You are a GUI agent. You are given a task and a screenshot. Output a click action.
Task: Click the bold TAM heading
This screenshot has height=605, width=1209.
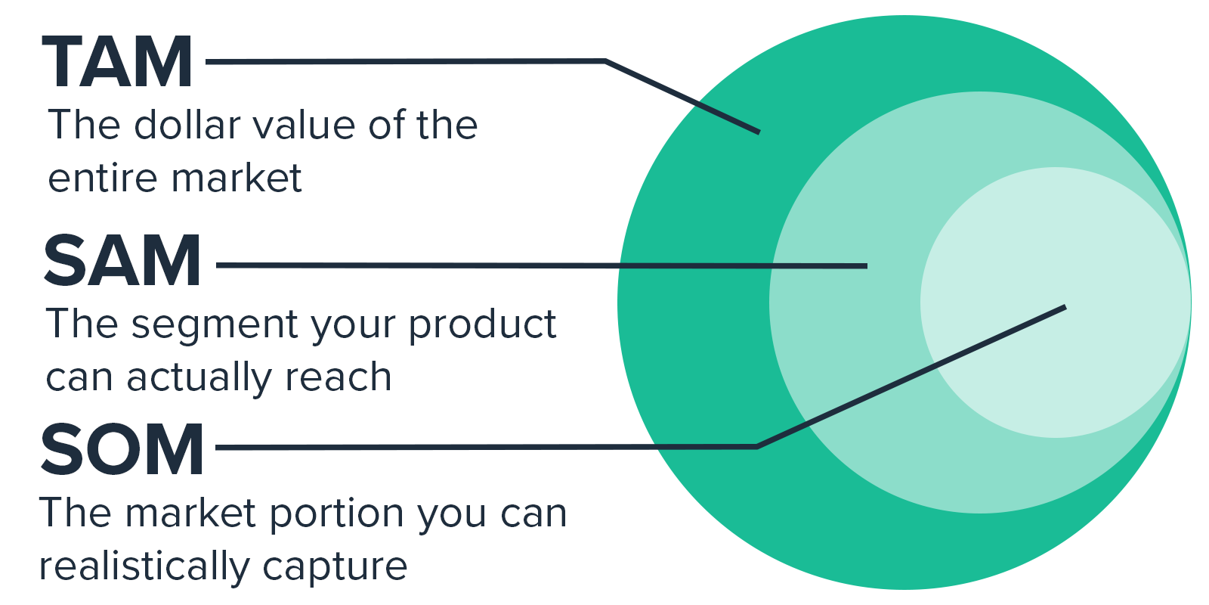117,61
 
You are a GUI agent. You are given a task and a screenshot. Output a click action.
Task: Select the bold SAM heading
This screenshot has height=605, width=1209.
122,261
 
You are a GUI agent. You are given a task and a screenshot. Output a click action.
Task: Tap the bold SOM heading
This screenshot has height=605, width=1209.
122,449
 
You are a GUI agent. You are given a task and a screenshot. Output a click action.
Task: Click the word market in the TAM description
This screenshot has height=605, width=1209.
237,177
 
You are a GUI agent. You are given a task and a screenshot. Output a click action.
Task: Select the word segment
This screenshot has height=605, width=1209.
215,326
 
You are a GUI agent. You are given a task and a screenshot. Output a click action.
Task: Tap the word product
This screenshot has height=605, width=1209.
482,325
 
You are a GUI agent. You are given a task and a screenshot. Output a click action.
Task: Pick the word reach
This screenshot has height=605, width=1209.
338,377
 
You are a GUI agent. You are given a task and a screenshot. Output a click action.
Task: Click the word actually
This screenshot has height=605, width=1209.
199,377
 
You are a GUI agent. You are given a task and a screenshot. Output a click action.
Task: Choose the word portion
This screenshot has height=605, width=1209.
337,513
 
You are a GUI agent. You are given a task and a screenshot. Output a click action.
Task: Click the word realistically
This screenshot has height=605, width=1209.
144,566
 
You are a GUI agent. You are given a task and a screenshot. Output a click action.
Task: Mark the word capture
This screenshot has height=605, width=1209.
335,568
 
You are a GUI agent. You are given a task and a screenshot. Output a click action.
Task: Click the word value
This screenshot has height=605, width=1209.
305,125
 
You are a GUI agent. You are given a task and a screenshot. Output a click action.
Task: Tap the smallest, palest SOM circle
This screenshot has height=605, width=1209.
1055,302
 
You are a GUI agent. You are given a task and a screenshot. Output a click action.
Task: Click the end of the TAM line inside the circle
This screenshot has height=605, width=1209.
759,132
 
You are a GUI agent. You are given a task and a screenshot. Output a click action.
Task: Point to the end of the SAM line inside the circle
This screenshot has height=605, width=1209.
867,265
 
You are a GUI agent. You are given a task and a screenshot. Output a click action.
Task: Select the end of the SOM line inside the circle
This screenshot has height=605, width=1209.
1065,307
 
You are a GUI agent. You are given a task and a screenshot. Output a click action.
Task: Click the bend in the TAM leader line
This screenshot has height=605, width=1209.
605,61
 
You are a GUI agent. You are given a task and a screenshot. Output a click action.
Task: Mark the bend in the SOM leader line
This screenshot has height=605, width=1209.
757,447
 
